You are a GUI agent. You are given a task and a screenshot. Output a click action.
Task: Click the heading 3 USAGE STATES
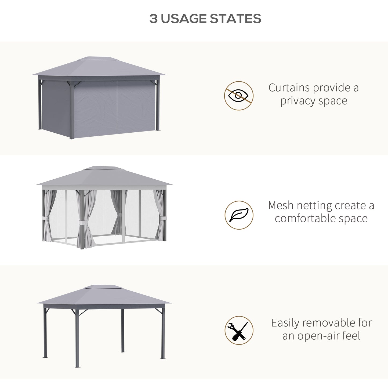tap(205, 19)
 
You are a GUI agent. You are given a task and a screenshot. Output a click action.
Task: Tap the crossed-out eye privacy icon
tap(239, 96)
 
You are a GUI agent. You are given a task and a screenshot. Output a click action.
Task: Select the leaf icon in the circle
tap(239, 215)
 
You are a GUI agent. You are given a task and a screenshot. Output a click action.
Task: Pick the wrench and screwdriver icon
tap(239, 330)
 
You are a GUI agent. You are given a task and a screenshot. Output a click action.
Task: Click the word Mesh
tap(281, 205)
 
